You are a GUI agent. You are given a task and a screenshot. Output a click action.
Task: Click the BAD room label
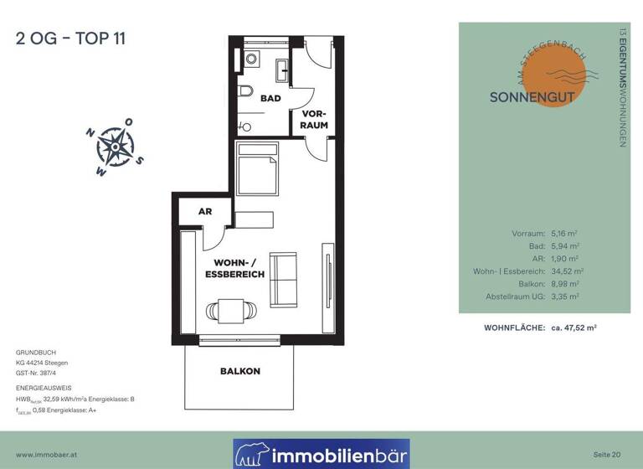[270, 98]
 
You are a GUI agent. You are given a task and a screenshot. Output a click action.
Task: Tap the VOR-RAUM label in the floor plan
[314, 119]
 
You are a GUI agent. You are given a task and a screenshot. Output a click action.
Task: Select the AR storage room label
[204, 212]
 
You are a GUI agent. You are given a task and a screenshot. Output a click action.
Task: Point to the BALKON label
[240, 370]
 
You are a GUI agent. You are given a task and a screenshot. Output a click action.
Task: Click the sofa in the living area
[282, 278]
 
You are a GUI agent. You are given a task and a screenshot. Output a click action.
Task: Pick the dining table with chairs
[226, 312]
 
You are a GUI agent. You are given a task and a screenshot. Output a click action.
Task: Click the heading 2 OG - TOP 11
[70, 39]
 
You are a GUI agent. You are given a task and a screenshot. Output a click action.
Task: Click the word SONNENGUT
[532, 96]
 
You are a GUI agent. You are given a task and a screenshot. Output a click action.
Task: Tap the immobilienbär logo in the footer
[321, 454]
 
